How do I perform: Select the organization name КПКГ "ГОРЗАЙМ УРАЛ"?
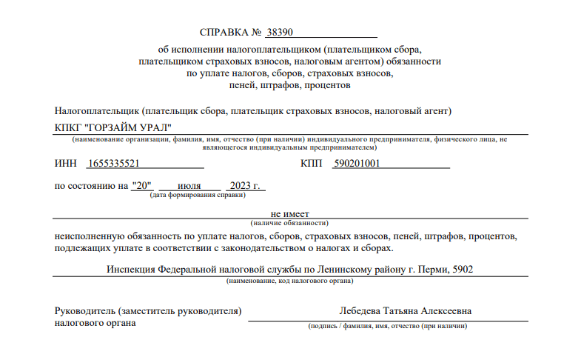112,127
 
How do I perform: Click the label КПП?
312,164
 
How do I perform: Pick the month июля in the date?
189,185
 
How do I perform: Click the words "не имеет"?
289,213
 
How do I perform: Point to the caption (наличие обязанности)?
289,222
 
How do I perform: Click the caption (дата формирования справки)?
198,195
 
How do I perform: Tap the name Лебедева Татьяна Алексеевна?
406,311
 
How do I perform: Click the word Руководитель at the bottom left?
84,311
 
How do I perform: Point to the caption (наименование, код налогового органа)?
289,281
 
